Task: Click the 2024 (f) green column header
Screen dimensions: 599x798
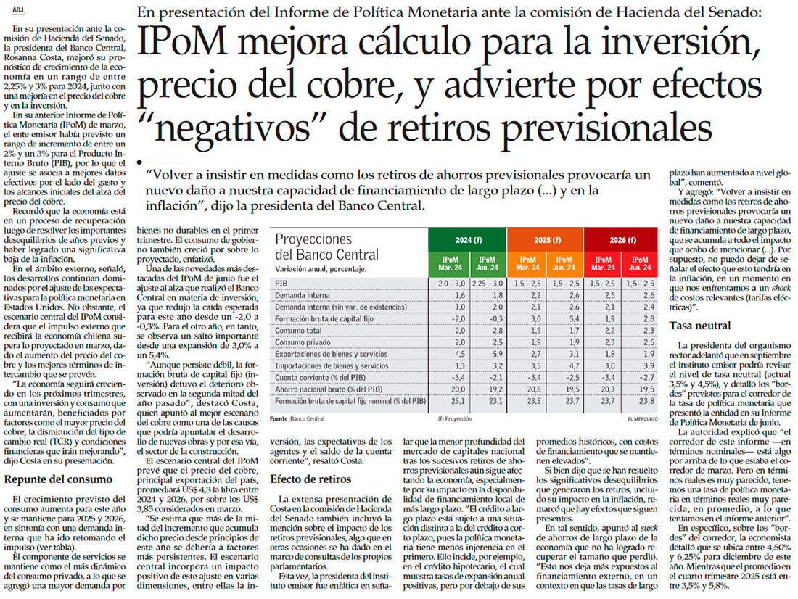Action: point(467,240)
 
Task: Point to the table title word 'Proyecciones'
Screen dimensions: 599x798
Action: point(313,239)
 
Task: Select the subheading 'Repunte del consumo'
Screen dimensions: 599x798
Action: point(58,479)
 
